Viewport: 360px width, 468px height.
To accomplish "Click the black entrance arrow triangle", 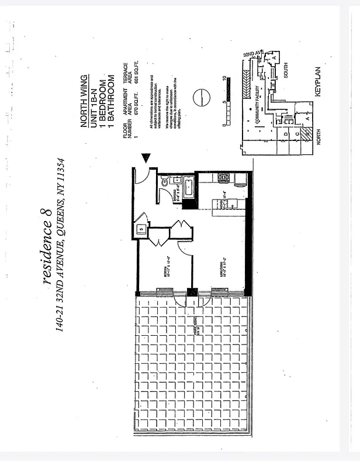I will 146,157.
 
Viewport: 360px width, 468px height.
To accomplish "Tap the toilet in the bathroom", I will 165,183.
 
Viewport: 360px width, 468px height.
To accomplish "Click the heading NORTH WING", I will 84,94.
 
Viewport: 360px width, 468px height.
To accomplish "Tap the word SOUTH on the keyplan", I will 286,70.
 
